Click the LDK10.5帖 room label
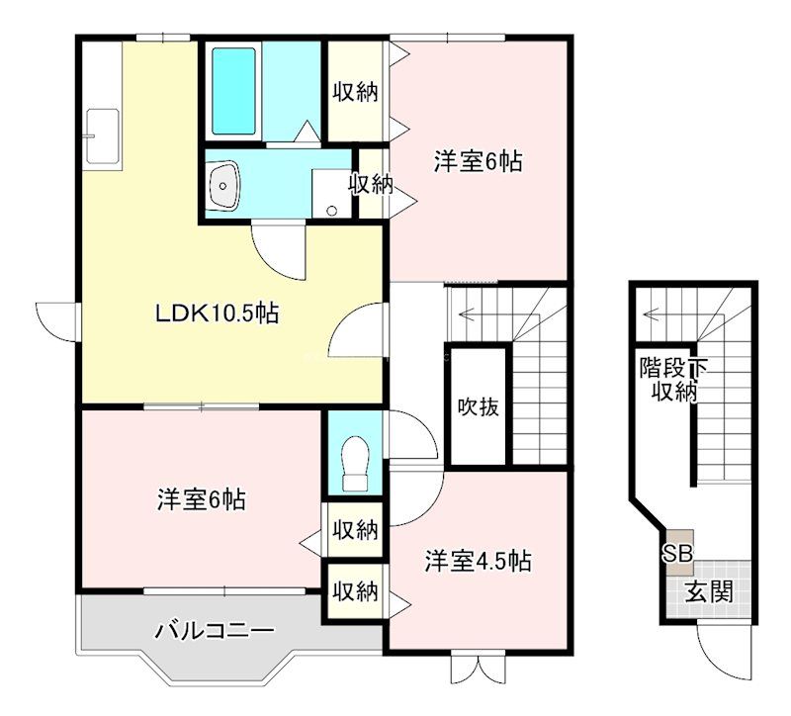(216, 314)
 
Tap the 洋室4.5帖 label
(479, 561)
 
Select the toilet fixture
(352, 464)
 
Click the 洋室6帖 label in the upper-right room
(478, 160)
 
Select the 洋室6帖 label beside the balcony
(201, 499)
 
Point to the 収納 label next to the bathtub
(355, 93)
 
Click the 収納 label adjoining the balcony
(354, 591)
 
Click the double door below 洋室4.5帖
(478, 668)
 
